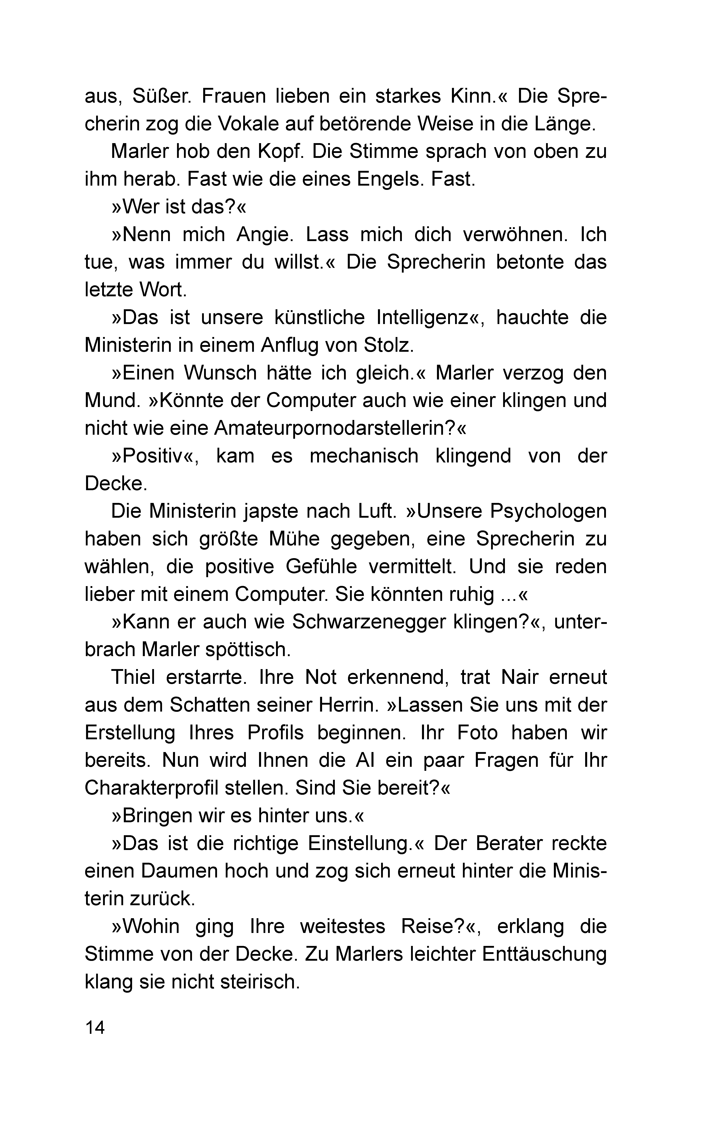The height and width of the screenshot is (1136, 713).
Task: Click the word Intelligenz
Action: point(429,318)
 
